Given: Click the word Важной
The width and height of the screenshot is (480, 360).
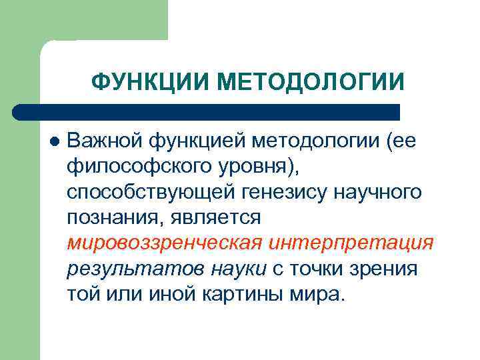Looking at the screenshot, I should [105, 141].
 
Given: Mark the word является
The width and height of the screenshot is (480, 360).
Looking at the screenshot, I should [216, 218].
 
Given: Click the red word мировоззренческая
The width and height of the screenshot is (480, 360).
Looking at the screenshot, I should [163, 243].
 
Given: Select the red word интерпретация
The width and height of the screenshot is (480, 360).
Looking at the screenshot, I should [351, 243].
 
